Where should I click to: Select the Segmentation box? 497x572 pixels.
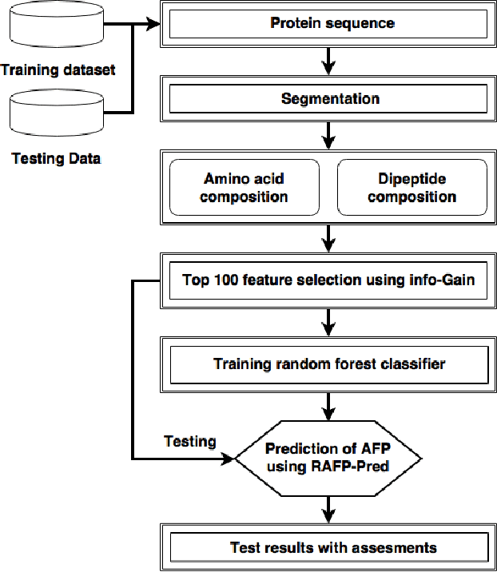(x=329, y=99)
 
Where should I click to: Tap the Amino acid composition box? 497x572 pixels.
(x=244, y=188)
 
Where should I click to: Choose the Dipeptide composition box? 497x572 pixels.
(x=412, y=188)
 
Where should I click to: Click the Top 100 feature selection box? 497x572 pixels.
(x=329, y=280)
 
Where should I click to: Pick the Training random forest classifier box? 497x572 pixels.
(x=329, y=364)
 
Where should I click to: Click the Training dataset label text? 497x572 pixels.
(x=58, y=70)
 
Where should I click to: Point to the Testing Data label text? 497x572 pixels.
(x=56, y=158)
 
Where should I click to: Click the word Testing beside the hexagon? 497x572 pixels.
(x=189, y=442)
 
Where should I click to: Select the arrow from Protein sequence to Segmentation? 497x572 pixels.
(x=328, y=61)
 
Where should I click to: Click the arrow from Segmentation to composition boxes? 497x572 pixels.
(x=328, y=136)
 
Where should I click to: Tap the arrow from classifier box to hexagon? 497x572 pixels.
(x=328, y=407)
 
